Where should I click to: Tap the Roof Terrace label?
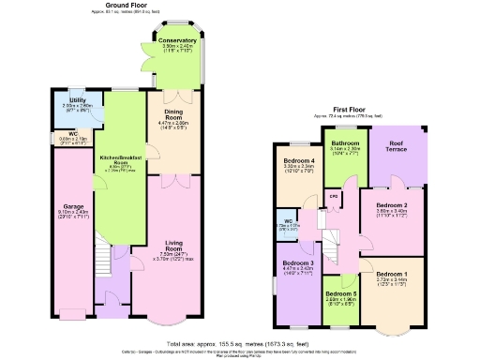(x=404, y=144)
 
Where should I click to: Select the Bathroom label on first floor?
(x=339, y=142)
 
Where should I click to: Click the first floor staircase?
(x=333, y=246)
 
